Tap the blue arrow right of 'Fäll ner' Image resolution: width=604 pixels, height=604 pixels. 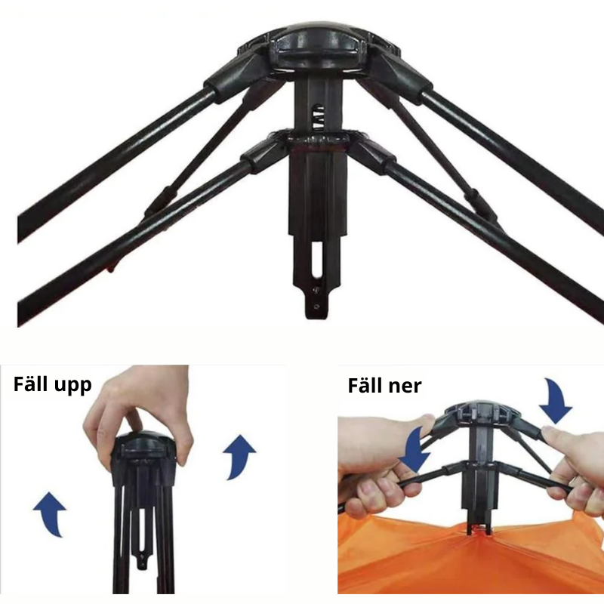coord(556,402)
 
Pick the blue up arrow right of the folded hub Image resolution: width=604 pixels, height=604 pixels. coord(239,458)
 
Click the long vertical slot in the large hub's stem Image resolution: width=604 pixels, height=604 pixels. coord(316,259)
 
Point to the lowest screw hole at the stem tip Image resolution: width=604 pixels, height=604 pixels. coord(316,307)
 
